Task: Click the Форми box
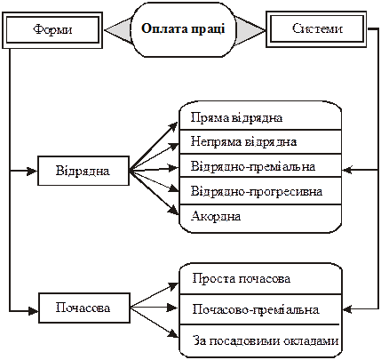pyautogui.click(x=52, y=30)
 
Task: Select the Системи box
pyautogui.click(x=316, y=29)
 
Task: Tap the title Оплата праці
pyautogui.click(x=183, y=28)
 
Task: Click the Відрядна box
pyautogui.click(x=83, y=171)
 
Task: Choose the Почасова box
pyautogui.click(x=84, y=308)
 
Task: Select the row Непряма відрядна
pyautogui.click(x=260, y=141)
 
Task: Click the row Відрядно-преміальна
pyautogui.click(x=260, y=165)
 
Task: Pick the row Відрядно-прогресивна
pyautogui.click(x=260, y=191)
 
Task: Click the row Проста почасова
pyautogui.click(x=260, y=279)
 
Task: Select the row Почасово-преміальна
pyautogui.click(x=260, y=309)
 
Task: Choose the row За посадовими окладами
pyautogui.click(x=260, y=340)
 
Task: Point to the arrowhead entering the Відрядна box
pyautogui.click(x=32, y=171)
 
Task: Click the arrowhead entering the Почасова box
pyautogui.click(x=33, y=311)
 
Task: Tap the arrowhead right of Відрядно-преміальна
pyautogui.click(x=347, y=170)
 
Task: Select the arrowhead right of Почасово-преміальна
pyautogui.click(x=347, y=309)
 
